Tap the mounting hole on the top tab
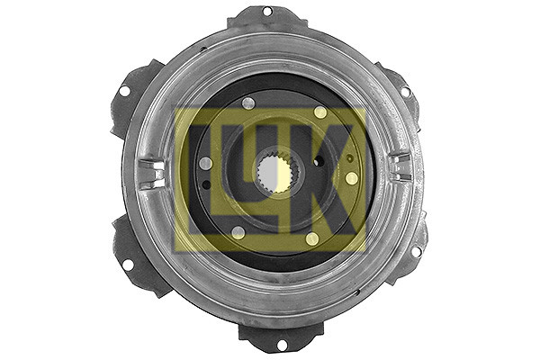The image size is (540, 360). (267, 12)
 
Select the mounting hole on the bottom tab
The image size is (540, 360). (282, 345)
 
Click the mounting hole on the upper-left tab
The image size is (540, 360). (124, 91)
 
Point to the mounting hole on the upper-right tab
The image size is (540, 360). (406, 92)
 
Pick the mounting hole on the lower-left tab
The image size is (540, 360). (128, 265)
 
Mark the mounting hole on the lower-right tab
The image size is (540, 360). (417, 251)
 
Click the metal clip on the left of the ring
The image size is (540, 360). (151, 173)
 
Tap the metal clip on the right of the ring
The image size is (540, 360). (400, 167)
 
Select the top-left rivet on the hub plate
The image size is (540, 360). (248, 103)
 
